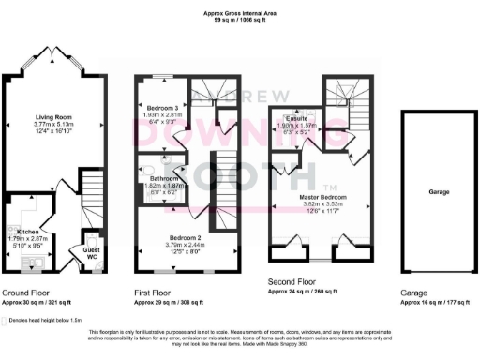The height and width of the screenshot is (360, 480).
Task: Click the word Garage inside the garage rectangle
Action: click(439, 191)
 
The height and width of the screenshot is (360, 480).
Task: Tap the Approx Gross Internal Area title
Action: click(240, 10)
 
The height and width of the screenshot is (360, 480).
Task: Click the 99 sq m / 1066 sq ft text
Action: click(240, 18)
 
